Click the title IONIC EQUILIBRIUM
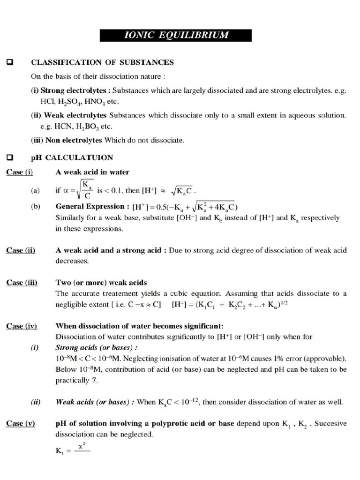(x=175, y=35)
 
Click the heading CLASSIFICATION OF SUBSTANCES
(x=102, y=62)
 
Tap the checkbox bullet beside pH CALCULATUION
(x=9, y=157)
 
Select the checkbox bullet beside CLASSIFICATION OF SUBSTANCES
(x=9, y=62)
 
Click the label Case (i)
(x=20, y=172)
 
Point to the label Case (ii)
(x=21, y=250)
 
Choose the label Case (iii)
(x=22, y=282)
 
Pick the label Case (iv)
(x=22, y=326)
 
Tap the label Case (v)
(x=21, y=423)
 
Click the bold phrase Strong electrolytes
(x=75, y=91)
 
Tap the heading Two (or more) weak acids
(x=101, y=282)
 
